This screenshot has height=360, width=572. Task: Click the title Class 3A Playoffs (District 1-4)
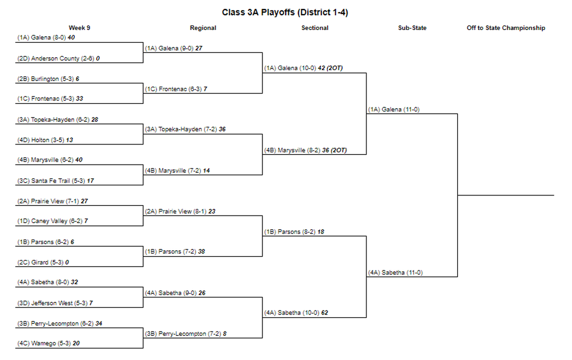[285, 12]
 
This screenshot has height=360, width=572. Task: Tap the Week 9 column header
[80, 28]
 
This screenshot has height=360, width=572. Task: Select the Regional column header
[203, 28]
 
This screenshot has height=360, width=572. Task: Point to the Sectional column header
[315, 28]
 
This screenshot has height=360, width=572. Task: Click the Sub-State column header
[412, 28]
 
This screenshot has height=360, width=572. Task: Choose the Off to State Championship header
[506, 28]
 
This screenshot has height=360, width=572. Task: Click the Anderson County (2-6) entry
[59, 59]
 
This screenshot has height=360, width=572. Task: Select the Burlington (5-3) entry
[48, 79]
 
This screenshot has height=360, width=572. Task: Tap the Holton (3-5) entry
[45, 140]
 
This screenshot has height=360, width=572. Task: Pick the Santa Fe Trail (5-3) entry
[56, 181]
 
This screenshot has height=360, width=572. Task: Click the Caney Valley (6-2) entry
[52, 221]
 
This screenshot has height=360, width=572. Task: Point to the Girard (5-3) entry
[43, 262]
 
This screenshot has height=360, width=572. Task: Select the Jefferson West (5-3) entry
[55, 303]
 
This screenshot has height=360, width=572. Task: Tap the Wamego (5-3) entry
[49, 343]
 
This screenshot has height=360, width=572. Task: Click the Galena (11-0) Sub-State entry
[394, 109]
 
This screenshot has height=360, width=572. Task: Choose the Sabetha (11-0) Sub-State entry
[395, 273]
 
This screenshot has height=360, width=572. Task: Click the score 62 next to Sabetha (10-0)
[325, 313]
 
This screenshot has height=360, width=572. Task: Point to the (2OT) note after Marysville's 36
[339, 150]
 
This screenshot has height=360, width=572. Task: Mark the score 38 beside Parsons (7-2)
[202, 252]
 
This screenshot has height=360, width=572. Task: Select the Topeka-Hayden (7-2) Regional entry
[185, 129]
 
